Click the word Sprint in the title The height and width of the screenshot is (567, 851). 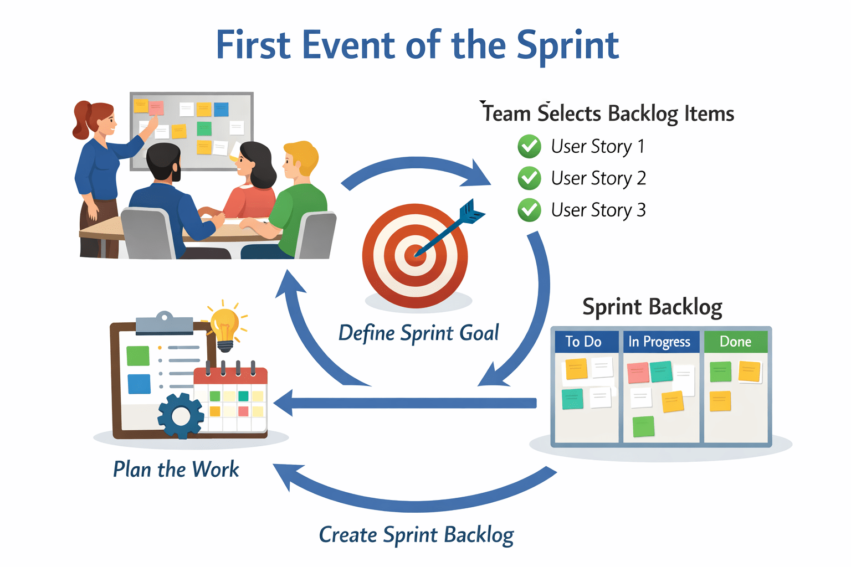[567, 47]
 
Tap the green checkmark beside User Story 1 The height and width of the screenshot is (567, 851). [529, 147]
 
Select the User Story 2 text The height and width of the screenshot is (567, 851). [598, 178]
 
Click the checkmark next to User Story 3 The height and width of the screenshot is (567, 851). [529, 210]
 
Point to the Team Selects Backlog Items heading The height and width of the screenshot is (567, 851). [608, 114]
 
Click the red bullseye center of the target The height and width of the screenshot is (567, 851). [414, 255]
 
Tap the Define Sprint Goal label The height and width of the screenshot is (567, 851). [418, 333]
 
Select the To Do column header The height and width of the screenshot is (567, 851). [583, 342]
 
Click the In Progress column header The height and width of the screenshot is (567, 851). [659, 342]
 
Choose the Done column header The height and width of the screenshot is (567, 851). [735, 342]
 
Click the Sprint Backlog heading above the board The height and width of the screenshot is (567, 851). [652, 307]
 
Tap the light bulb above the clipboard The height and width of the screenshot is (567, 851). [225, 327]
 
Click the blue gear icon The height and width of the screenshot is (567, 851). [181, 415]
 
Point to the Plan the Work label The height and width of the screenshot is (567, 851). [176, 470]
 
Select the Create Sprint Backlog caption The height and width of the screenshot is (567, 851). [416, 535]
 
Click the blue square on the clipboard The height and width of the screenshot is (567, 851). [139, 384]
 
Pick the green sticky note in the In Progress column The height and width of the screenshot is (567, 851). [643, 426]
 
